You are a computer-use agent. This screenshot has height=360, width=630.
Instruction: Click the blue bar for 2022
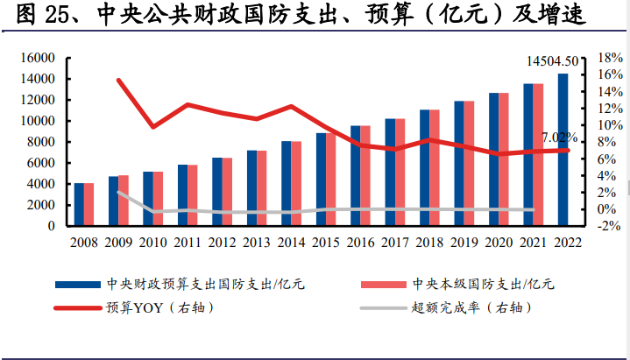tap(563, 150)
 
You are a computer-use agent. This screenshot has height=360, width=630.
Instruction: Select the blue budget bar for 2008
tap(80, 204)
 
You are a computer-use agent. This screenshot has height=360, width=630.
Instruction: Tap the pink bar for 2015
tap(331, 180)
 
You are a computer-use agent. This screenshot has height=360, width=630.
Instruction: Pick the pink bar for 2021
tap(538, 155)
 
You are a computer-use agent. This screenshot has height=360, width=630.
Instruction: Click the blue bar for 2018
tap(425, 167)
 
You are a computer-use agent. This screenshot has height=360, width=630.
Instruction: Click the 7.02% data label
tap(559, 138)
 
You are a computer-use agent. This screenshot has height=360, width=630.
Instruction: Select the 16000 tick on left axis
tap(38, 58)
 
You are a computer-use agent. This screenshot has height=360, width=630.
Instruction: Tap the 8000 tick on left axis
tap(41, 142)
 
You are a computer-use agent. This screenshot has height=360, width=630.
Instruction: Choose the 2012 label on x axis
tap(221, 242)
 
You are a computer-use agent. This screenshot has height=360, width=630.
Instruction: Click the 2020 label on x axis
tap(498, 242)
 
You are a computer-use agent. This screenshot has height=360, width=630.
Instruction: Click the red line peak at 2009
tap(118, 81)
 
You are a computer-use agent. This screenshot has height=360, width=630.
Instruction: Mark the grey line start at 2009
tap(118, 193)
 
